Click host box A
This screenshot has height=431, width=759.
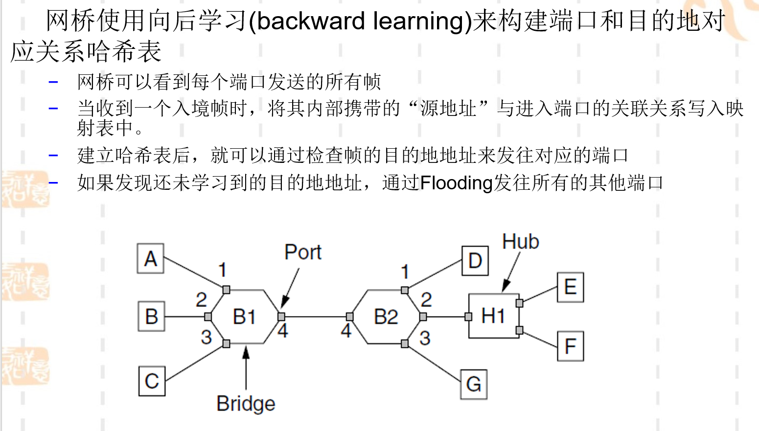point(150,258)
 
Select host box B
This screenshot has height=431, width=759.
point(152,316)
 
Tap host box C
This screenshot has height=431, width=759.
point(152,381)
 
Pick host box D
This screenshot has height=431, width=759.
point(475,261)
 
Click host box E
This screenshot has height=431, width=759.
point(571,287)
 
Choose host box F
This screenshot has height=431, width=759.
point(571,346)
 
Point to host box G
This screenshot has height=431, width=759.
point(474,384)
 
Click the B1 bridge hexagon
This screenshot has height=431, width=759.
point(244,317)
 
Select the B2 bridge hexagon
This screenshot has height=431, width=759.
point(386,317)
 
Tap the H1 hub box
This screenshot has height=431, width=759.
point(494,316)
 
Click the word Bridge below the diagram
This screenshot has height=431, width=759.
point(246,404)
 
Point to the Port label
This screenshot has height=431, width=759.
point(303,252)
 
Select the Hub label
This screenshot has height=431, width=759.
point(521,242)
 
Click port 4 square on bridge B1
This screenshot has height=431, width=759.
point(281,317)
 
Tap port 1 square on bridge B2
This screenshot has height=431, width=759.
point(405,290)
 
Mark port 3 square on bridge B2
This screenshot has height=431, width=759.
point(405,344)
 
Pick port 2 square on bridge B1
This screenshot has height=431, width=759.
point(208,317)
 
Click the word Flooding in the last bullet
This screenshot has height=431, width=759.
point(457,183)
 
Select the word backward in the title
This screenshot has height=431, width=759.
point(311,22)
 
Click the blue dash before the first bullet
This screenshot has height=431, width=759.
point(53,82)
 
